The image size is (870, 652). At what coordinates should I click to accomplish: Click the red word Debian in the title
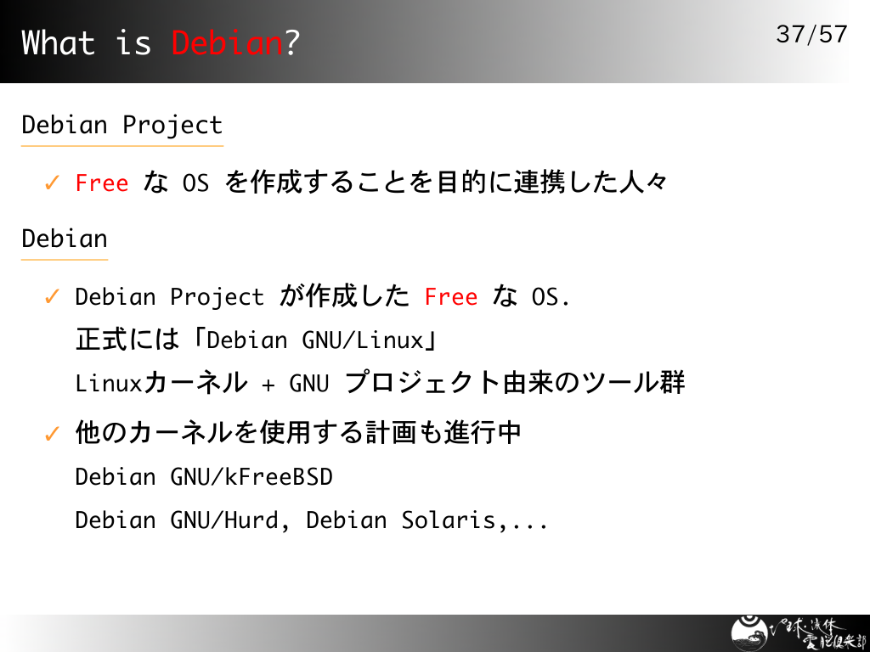click(228, 42)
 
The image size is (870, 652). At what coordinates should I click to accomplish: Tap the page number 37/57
click(811, 34)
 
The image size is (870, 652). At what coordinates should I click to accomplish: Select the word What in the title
click(59, 42)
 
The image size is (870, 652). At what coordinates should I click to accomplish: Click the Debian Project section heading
click(122, 126)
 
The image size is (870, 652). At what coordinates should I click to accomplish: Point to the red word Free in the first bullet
click(102, 183)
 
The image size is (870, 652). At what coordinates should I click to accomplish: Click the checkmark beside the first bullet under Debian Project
click(52, 183)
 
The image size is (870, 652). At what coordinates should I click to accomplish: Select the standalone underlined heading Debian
click(65, 239)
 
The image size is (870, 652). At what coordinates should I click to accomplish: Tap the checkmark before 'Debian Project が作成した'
click(52, 296)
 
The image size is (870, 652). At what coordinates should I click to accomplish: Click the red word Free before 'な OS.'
click(451, 297)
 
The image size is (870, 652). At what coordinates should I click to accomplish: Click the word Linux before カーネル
click(110, 383)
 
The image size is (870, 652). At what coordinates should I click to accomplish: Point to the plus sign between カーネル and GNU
click(268, 385)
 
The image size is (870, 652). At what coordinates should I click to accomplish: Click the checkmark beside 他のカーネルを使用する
click(52, 434)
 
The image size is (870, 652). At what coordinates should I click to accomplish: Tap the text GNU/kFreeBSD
click(251, 477)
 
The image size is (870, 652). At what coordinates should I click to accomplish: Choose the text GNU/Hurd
click(224, 520)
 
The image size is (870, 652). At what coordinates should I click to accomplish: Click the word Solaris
click(449, 520)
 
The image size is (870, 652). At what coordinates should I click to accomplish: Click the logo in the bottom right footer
click(799, 633)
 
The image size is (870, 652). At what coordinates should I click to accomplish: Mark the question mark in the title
click(292, 42)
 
